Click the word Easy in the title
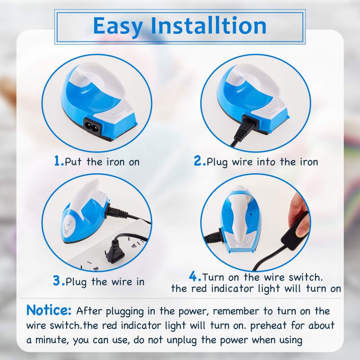118,26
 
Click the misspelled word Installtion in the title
209,26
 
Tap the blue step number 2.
200,162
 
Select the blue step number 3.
59,281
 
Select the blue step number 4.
195,276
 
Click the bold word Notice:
49,310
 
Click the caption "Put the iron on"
102,162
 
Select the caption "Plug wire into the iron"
262,162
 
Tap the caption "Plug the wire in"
105,282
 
